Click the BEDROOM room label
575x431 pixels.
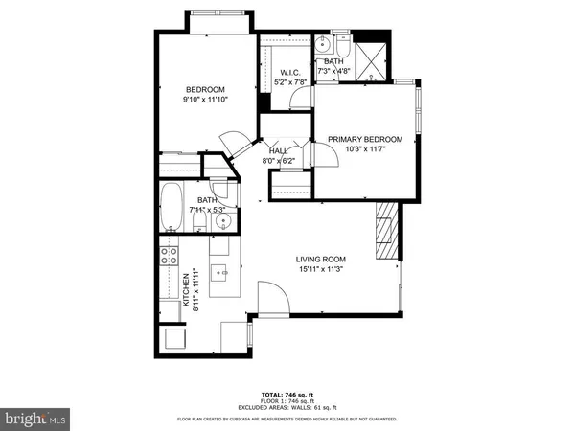point(205,90)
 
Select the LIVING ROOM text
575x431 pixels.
point(320,260)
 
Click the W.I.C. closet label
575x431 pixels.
point(290,73)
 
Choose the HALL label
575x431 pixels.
point(279,151)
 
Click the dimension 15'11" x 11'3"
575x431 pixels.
point(320,270)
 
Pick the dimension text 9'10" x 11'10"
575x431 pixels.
point(205,101)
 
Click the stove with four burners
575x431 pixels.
point(169,256)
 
